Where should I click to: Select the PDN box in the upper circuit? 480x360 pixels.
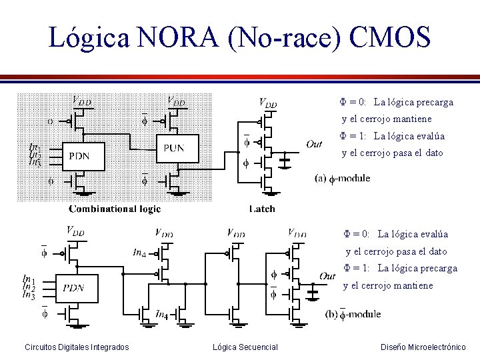click(85, 155)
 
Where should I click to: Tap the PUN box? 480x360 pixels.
click(178, 148)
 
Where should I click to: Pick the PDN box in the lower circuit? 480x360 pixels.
click(77, 287)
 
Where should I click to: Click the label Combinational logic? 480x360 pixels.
click(115, 209)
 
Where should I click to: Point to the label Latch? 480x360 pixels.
click(262, 209)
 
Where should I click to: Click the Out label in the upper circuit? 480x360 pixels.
click(313, 144)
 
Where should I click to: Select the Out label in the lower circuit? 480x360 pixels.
click(327, 276)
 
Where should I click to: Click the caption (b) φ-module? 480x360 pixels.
click(353, 313)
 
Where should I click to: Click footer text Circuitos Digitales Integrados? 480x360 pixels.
click(77, 347)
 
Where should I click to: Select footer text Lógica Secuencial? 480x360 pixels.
click(245, 347)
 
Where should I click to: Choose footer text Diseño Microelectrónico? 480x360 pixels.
click(423, 347)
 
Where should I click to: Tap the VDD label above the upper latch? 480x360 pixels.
click(267, 103)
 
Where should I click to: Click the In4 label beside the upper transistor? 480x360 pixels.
click(139, 253)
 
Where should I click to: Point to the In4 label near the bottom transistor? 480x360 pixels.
click(162, 314)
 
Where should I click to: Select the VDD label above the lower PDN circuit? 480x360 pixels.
click(75, 231)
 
